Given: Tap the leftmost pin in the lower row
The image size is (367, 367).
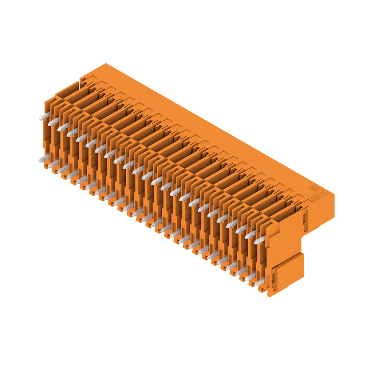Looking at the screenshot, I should click(x=44, y=159).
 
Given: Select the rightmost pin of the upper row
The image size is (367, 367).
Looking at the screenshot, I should click(x=260, y=239).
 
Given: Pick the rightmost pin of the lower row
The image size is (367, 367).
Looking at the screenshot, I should click(x=259, y=282).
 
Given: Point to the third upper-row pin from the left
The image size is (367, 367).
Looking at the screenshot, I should click(x=63, y=127).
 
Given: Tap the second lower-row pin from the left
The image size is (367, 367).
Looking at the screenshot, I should click(x=53, y=164).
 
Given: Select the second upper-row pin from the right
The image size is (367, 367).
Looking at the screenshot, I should click(x=250, y=234).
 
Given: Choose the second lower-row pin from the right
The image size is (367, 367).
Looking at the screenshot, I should click(x=250, y=277).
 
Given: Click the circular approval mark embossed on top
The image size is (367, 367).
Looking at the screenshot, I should click(x=314, y=188).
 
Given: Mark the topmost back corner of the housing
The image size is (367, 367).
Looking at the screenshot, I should click(x=105, y=64).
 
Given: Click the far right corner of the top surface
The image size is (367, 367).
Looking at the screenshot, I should click(x=334, y=195).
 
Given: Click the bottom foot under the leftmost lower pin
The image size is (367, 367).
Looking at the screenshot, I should click(x=48, y=167).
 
